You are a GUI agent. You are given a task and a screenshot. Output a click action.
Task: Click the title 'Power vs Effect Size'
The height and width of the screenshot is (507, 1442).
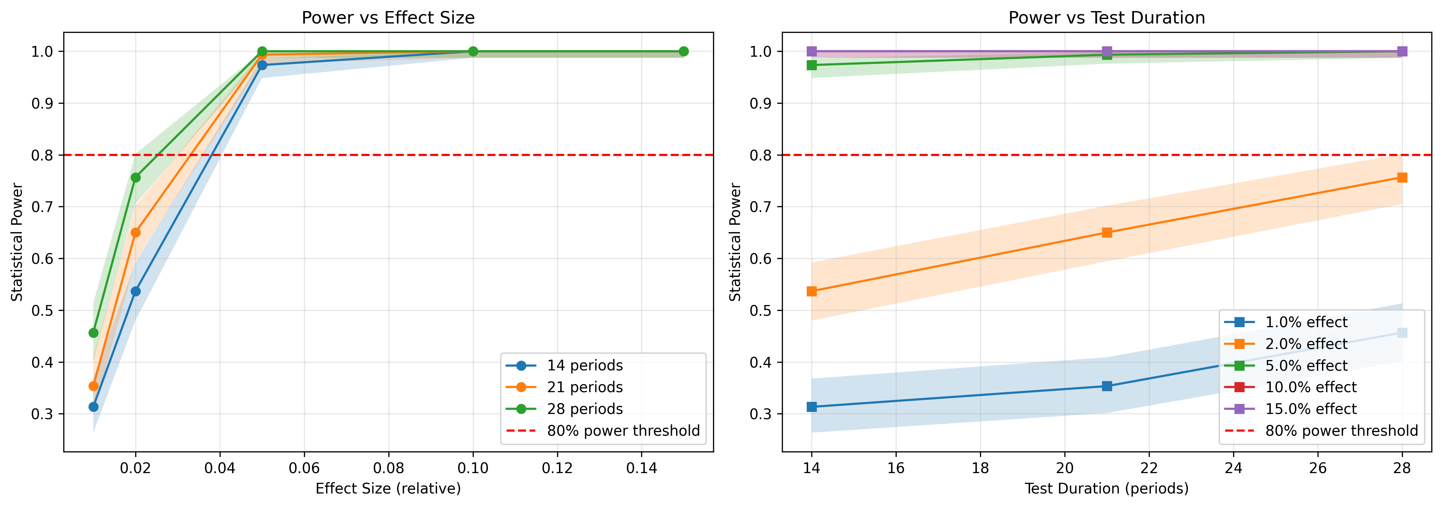388,18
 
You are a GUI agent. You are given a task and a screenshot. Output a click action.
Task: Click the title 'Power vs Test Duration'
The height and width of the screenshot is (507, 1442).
1106,18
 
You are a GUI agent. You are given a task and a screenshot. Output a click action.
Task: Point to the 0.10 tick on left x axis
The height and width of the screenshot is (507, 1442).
473,468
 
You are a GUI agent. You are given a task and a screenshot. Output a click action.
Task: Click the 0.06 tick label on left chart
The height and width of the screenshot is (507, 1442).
304,468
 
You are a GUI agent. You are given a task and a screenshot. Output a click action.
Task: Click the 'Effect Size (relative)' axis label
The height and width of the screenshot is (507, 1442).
388,489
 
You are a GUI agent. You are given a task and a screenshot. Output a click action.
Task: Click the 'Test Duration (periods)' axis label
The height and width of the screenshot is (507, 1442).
1106,489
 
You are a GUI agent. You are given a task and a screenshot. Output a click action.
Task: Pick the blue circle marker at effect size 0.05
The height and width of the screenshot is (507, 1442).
262,65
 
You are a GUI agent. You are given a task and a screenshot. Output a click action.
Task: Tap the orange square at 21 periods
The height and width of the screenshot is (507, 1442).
1107,233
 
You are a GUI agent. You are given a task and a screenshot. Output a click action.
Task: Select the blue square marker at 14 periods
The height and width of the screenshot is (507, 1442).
812,407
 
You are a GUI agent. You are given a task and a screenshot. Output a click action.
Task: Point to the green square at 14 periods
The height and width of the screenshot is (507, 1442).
812,65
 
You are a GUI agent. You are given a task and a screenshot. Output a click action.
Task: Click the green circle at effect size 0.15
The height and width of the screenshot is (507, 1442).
684,52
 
